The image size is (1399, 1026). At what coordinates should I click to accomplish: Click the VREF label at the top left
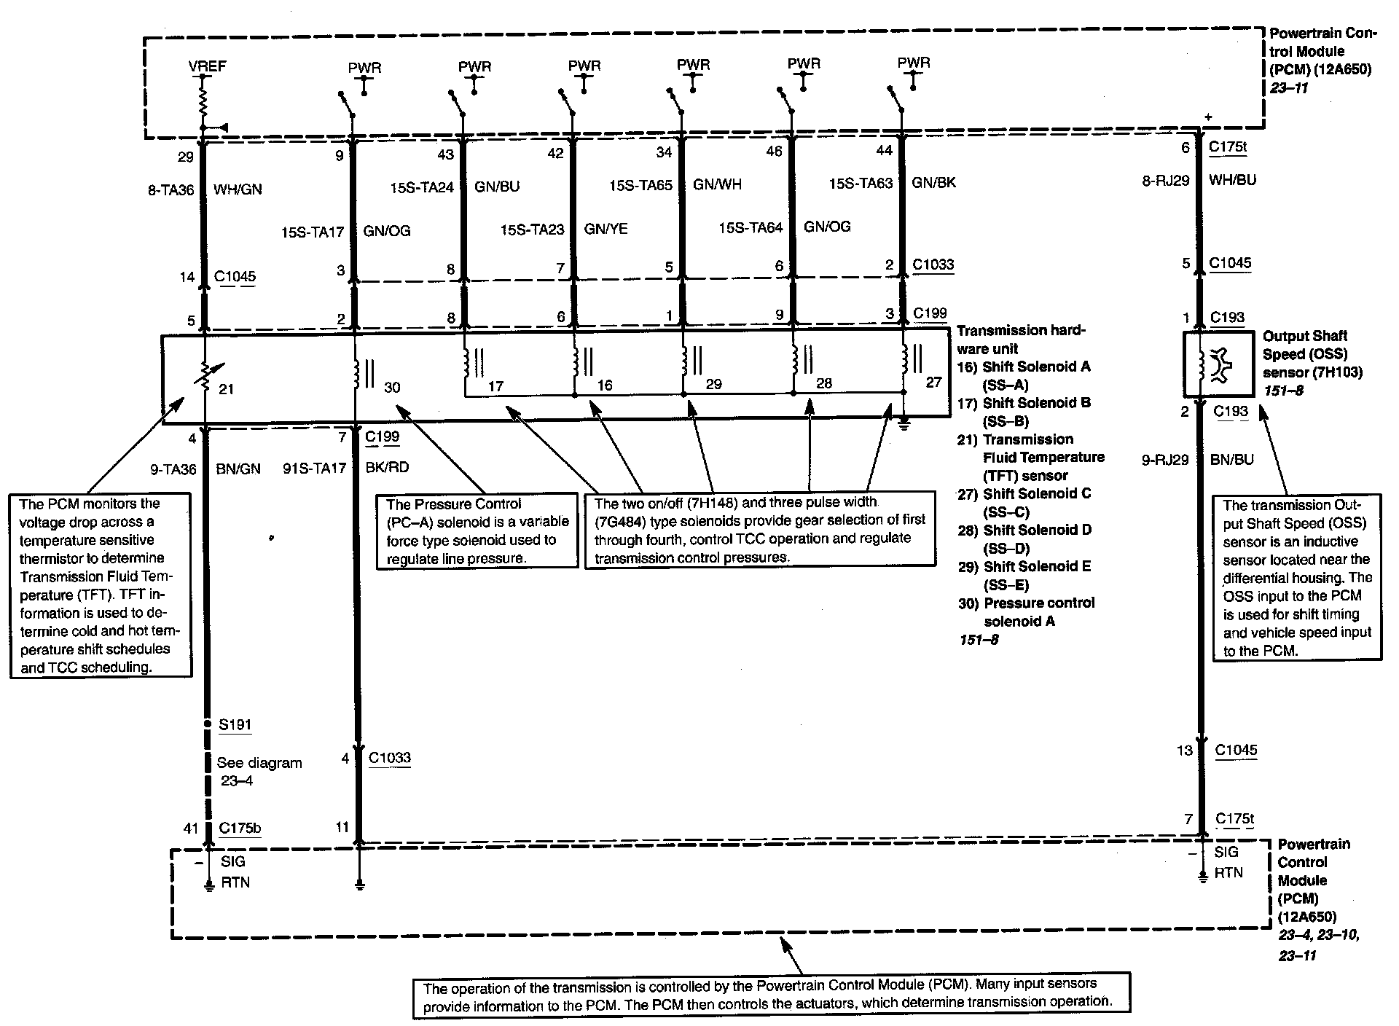[x=207, y=66]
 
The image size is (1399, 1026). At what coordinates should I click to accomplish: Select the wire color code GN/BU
[x=497, y=187]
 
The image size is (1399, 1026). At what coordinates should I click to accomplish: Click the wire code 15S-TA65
[x=640, y=185]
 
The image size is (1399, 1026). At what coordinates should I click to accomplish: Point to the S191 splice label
[x=235, y=724]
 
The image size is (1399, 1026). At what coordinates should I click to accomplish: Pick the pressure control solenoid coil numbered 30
[x=358, y=372]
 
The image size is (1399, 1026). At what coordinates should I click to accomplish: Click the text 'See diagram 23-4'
[x=259, y=772]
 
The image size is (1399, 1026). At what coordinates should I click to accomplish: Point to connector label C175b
[x=240, y=828]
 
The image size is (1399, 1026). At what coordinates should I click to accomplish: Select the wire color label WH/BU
[x=1232, y=179]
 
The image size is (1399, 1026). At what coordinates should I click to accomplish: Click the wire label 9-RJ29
[x=1165, y=460]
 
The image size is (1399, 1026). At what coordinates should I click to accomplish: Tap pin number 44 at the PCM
[x=883, y=150]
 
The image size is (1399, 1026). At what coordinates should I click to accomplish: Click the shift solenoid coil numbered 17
[x=467, y=361]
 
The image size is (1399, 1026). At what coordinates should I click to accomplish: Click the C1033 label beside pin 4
[x=389, y=758]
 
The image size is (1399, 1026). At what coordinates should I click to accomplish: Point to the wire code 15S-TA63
[x=861, y=184]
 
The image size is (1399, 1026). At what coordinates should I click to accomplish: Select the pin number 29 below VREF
[x=186, y=157]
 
